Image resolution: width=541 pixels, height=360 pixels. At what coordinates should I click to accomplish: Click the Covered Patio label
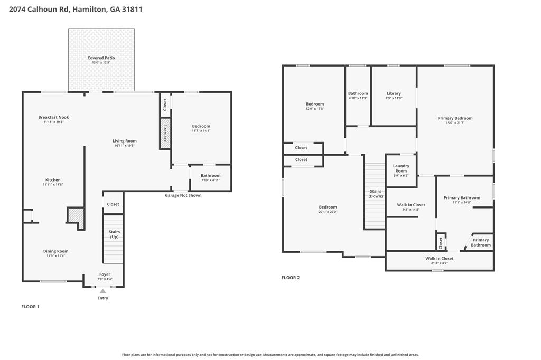click(101, 58)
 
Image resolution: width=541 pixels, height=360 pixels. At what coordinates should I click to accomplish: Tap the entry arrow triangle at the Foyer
click(102, 291)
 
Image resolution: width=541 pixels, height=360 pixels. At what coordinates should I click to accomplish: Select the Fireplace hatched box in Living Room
click(165, 133)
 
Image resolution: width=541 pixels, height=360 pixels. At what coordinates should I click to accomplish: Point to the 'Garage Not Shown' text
click(183, 195)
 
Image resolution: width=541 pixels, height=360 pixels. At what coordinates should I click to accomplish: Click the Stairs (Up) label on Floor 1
click(114, 234)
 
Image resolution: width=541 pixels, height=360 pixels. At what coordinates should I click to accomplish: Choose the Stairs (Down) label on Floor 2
click(376, 194)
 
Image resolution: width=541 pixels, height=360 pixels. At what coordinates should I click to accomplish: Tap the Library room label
click(394, 93)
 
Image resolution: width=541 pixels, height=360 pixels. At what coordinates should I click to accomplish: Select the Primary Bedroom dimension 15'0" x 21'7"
click(455, 123)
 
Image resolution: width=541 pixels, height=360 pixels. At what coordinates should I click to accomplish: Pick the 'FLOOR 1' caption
click(30, 307)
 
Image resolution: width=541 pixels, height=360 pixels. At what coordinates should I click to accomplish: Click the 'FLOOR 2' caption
click(290, 278)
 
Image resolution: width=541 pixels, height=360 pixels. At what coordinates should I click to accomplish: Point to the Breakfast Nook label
click(53, 117)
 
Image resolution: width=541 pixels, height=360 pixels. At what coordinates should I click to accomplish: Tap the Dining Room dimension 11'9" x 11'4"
click(55, 256)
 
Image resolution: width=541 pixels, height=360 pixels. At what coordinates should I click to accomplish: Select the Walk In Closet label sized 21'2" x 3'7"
click(440, 258)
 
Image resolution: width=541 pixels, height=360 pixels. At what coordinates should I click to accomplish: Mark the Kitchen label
click(53, 180)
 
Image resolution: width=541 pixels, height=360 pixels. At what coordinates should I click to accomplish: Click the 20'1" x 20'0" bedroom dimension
click(328, 212)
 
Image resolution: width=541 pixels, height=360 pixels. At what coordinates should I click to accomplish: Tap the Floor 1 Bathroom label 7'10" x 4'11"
click(210, 175)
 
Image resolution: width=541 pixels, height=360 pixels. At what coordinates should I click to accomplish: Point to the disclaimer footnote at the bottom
click(270, 355)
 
